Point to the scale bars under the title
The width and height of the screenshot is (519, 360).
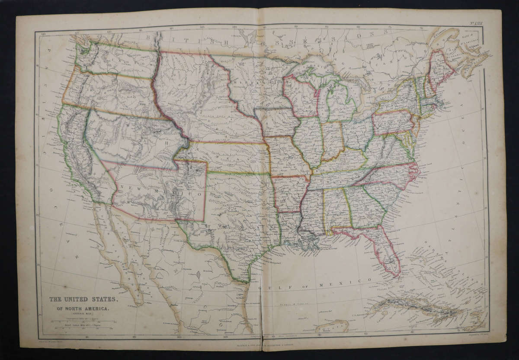tap(82, 324)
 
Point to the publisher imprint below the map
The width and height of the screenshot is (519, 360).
tap(259, 344)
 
